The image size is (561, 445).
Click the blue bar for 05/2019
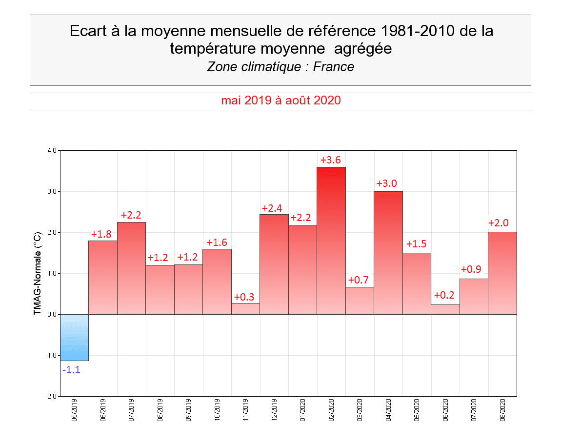coord(74,337)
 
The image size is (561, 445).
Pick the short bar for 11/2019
coord(245,308)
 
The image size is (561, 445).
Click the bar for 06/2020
coord(445,309)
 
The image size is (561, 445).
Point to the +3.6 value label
coord(331,160)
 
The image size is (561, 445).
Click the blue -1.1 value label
coord(71,370)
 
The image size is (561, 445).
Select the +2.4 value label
coord(272,208)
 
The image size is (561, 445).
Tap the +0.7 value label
coord(359,281)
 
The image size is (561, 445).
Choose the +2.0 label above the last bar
coord(499,223)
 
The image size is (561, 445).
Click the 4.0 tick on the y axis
coord(52,150)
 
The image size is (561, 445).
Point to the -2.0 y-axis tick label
coord(51,396)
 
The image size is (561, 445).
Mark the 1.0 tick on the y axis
coord(52,273)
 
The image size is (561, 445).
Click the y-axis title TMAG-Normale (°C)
coord(37,273)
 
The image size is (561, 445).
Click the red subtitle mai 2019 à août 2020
coord(280,101)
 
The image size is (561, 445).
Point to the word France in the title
coord(334,67)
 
